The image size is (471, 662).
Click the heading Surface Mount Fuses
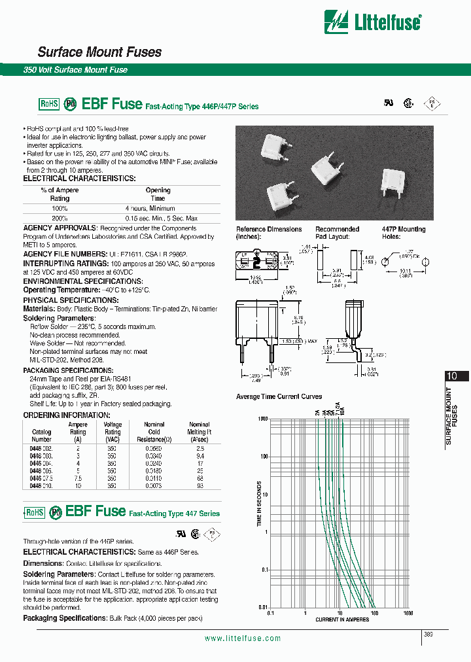99,52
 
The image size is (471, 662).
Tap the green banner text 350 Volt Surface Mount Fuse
75,70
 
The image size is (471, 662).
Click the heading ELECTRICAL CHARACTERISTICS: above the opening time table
80,179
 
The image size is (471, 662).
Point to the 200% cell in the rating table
59,218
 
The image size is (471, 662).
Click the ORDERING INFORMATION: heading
66,415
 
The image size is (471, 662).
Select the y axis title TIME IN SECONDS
260,504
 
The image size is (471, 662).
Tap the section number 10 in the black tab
451,376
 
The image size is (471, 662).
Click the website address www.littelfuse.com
243,638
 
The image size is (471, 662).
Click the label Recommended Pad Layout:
337,232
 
